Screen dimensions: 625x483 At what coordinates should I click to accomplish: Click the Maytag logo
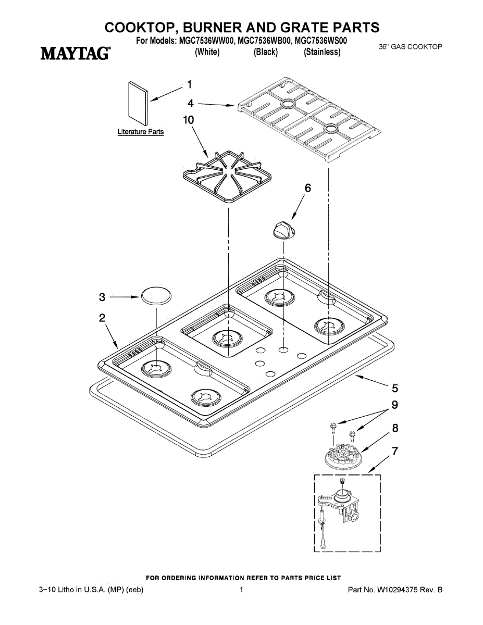(76, 53)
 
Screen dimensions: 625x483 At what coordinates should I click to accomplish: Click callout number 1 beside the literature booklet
(190, 84)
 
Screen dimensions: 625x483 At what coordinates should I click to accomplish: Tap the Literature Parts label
(141, 132)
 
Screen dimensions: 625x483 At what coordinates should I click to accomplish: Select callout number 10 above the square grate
(189, 120)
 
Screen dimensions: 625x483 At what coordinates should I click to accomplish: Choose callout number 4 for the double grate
(191, 103)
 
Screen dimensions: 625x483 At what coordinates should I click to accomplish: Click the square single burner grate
(225, 177)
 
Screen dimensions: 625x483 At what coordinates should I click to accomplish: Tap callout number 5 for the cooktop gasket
(395, 387)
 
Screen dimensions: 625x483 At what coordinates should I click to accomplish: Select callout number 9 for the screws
(395, 404)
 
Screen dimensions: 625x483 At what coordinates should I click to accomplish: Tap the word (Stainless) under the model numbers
(322, 52)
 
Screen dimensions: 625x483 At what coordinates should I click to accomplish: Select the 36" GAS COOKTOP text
(411, 47)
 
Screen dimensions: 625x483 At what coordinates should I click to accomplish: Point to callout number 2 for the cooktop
(103, 318)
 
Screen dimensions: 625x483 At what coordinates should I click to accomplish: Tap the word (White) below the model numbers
(207, 52)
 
